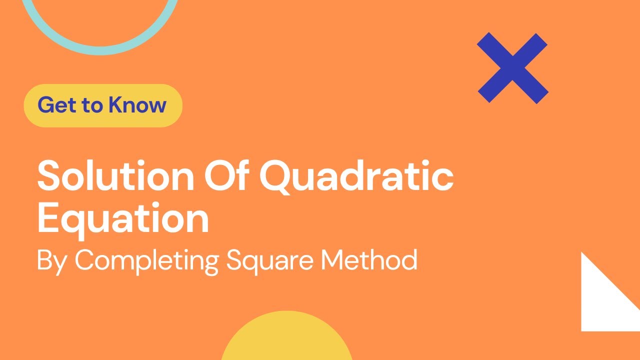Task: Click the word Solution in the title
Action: click(x=115, y=175)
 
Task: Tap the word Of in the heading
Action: click(x=226, y=174)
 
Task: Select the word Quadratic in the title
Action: click(x=356, y=176)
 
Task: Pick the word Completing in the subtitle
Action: click(x=147, y=261)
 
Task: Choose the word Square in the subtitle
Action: click(x=270, y=261)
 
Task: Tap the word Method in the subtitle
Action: click(x=369, y=259)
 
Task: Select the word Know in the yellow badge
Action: click(x=137, y=105)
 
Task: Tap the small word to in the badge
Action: click(x=92, y=105)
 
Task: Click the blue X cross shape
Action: click(x=512, y=68)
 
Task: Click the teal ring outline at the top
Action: click(x=100, y=50)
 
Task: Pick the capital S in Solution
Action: click(x=48, y=175)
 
